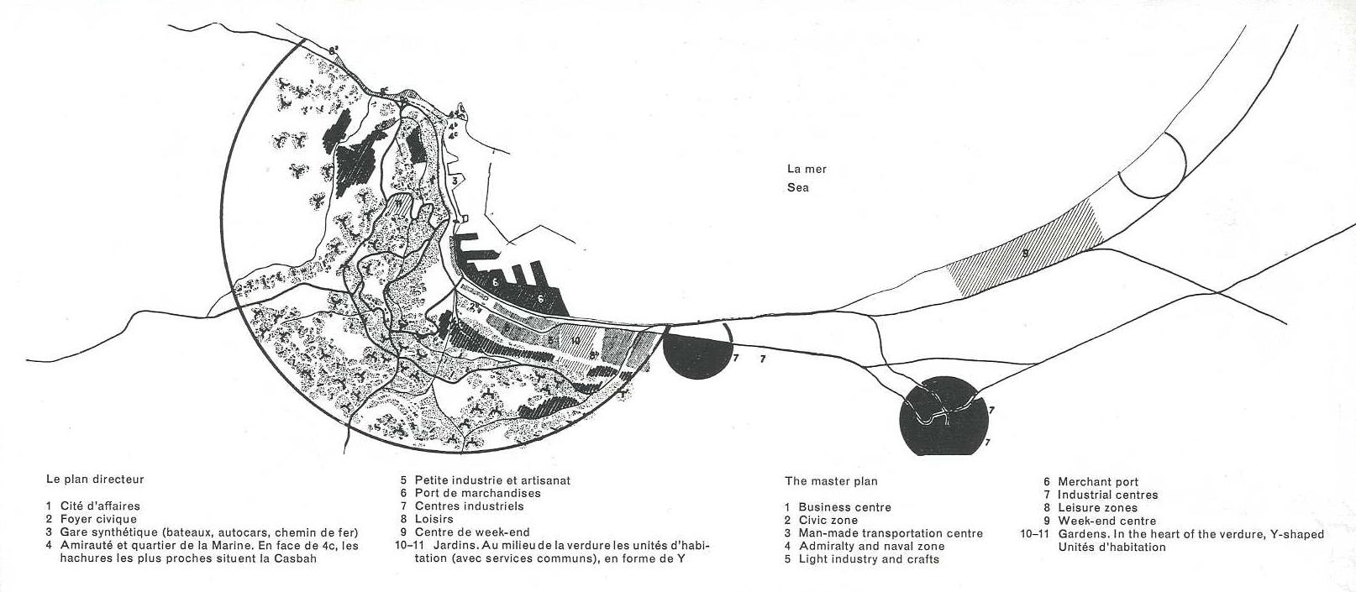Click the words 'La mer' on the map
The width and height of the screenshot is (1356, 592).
click(x=807, y=169)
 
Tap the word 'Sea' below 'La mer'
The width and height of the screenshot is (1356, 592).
click(x=798, y=187)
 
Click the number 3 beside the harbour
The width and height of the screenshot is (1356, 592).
click(x=454, y=180)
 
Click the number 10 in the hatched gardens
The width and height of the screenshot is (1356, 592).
click(x=575, y=341)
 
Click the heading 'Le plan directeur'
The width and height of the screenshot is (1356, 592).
click(x=95, y=479)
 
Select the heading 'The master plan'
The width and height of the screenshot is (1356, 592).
click(x=831, y=481)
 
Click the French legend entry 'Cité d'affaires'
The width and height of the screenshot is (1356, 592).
click(x=100, y=506)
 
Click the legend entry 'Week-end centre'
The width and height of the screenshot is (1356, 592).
click(x=1106, y=521)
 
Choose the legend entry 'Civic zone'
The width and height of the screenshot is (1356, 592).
click(x=828, y=521)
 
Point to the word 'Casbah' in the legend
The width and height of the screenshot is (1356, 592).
click(x=299, y=559)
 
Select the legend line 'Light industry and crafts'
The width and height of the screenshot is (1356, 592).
click(x=869, y=559)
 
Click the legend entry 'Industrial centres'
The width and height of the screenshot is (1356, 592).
click(x=1107, y=495)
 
